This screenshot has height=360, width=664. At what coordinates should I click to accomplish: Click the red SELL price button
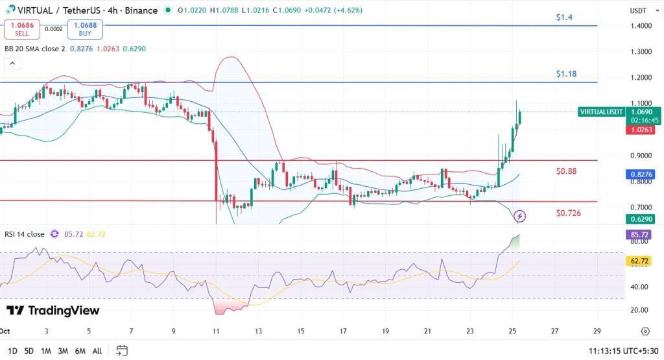22,29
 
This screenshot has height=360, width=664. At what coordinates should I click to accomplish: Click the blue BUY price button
84,29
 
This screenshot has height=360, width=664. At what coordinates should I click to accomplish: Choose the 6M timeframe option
80,351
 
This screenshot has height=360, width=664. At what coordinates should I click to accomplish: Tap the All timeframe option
97,351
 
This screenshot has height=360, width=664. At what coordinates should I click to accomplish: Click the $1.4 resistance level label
564,18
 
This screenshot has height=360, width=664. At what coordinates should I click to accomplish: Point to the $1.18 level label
565,74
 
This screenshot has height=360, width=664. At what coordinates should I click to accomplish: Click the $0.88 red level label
566,171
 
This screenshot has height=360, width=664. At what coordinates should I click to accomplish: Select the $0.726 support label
568,213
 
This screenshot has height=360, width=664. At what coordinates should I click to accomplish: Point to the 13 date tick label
258,331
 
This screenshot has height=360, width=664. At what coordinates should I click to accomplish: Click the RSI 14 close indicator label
25,234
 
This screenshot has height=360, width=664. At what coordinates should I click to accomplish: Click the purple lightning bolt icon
520,216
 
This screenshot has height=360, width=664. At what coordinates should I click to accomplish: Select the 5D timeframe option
29,351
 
